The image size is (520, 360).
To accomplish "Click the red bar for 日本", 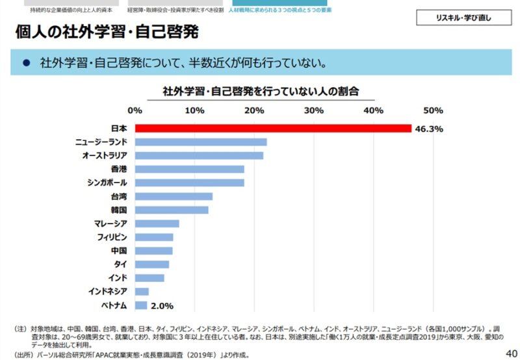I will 273,128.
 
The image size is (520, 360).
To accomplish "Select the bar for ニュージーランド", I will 201,142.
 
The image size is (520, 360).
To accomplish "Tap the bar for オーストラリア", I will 199,155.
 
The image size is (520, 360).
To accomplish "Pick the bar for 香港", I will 189,169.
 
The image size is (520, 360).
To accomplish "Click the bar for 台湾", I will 174,196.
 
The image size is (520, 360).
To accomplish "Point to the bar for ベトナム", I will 141,305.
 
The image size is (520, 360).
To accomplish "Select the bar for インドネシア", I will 142,291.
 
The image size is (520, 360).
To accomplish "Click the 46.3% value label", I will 429,129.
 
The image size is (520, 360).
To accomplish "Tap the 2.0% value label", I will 162,305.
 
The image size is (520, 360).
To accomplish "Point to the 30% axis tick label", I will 314,110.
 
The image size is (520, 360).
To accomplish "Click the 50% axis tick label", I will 433,110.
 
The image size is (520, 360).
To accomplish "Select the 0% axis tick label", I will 135,110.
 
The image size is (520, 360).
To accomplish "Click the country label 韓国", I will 118,210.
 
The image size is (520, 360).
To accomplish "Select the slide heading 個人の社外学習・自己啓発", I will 106,31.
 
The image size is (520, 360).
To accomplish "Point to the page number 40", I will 511,352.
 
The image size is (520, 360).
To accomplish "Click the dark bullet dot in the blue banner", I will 27,63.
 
